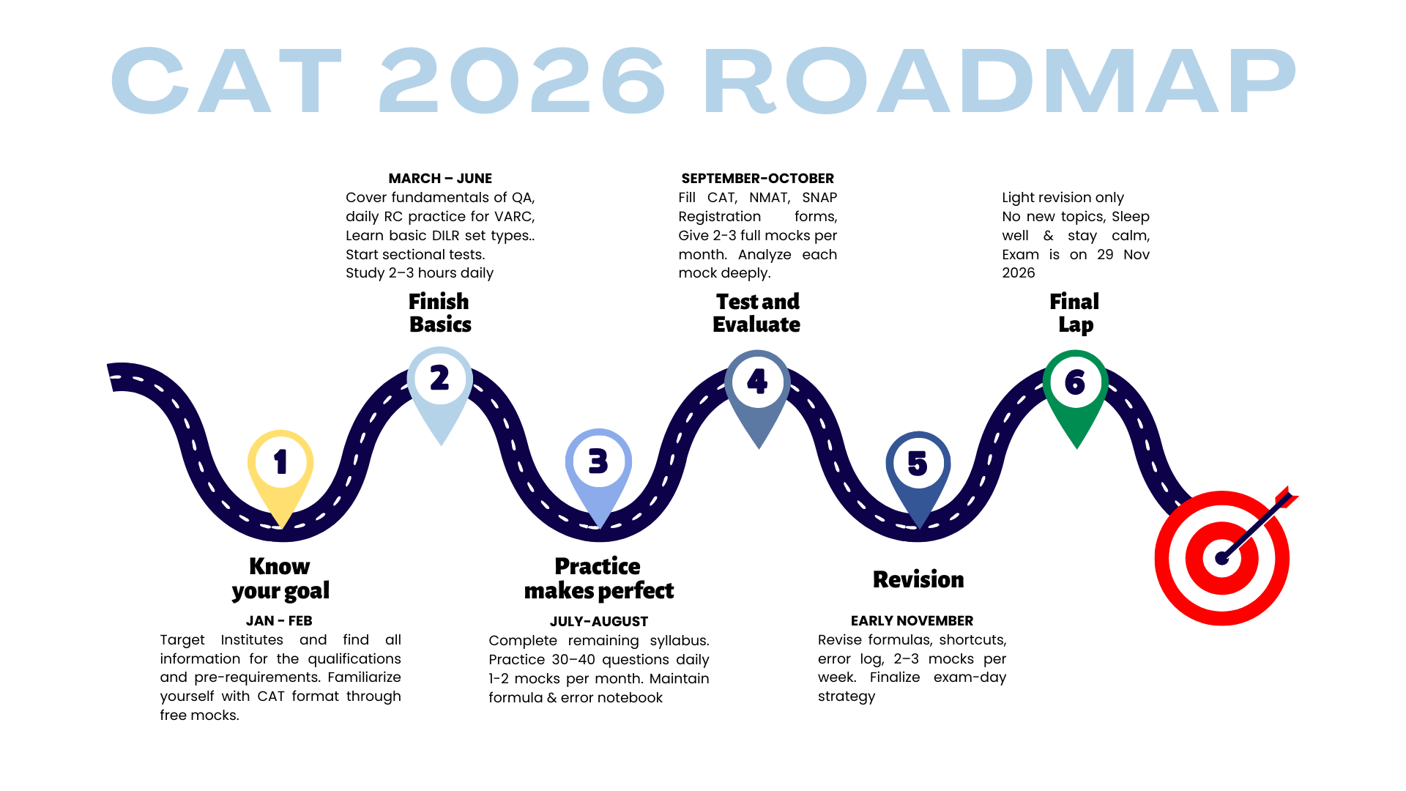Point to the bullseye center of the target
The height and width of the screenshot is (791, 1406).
coord(1221,558)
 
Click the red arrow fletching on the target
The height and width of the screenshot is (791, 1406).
coord(1287,497)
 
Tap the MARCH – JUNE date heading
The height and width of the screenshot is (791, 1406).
coord(440,179)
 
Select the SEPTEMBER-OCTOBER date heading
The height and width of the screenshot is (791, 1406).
coord(758,179)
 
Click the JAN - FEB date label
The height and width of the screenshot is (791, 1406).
coord(279,621)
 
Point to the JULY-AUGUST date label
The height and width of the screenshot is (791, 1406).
coord(599,622)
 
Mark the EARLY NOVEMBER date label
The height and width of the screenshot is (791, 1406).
coord(912,621)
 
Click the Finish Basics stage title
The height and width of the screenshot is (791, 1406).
coord(439,313)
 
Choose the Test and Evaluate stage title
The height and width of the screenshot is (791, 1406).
coord(757,313)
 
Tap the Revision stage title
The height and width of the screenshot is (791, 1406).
coord(918,579)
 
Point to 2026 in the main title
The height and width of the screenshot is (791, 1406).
coord(522,80)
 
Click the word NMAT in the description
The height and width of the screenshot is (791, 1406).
coord(769,198)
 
